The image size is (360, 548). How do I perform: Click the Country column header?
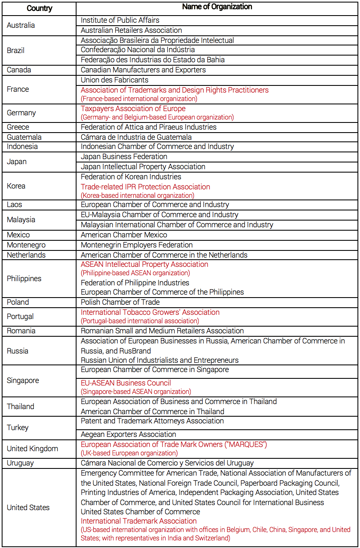[39, 8]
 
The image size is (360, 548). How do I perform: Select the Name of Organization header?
[217, 7]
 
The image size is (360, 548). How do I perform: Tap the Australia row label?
[21, 25]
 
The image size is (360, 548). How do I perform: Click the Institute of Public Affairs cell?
[120, 20]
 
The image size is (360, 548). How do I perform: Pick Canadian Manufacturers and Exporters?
[143, 70]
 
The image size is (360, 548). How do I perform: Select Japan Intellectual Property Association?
[143, 167]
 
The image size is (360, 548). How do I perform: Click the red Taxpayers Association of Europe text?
[133, 109]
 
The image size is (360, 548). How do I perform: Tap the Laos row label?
[14, 205]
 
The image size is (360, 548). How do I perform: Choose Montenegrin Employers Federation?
[137, 245]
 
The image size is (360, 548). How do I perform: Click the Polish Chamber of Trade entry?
[120, 302]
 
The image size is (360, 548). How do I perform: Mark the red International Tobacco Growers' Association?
[150, 312]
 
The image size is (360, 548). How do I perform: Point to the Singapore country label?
[23, 380]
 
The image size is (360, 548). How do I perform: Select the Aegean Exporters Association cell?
[128, 434]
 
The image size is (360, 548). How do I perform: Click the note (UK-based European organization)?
[129, 453]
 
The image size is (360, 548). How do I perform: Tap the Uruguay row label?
[20, 463]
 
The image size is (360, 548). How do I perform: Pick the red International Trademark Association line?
[139, 521]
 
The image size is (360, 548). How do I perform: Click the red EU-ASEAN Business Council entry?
[126, 383]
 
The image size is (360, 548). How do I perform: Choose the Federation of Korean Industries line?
[131, 177]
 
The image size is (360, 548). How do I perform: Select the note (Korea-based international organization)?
[138, 196]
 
